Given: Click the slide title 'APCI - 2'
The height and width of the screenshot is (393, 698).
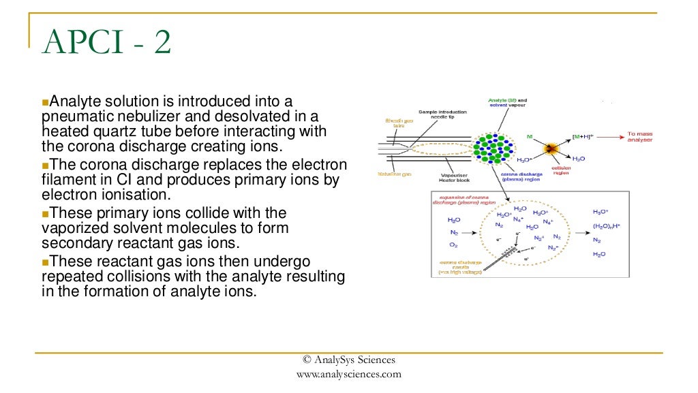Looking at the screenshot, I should [106, 44].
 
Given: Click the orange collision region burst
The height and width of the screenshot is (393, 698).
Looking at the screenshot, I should [549, 148].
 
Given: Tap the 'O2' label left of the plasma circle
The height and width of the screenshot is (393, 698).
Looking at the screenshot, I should [453, 245].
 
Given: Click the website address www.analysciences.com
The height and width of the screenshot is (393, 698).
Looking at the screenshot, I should [349, 374].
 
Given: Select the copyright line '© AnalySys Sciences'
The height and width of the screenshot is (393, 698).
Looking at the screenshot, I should [349, 360].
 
